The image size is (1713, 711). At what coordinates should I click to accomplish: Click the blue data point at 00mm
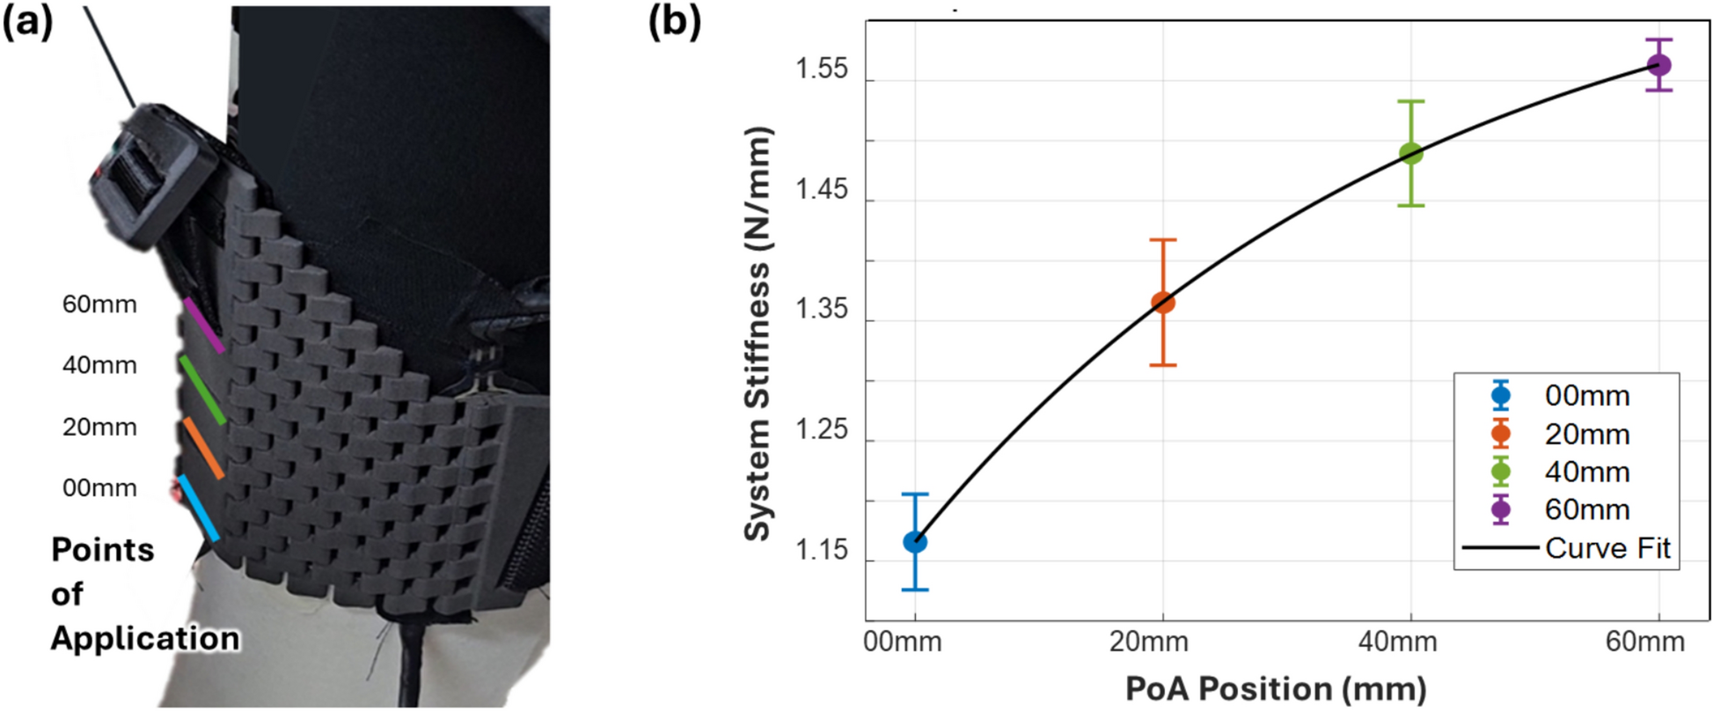point(915,542)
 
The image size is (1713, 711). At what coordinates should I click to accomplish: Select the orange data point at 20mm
point(1163,303)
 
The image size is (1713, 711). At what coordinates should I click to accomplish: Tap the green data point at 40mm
point(1411,153)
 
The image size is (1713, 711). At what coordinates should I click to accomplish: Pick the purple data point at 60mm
point(1659,65)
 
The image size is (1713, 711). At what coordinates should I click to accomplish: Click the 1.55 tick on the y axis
point(822,70)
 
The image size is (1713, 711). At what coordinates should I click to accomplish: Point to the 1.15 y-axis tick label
point(822,551)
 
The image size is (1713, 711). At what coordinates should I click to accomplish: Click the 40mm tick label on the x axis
point(1397,642)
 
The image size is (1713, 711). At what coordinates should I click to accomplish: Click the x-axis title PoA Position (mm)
point(1276,688)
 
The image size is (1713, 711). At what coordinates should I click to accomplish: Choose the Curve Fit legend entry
point(1607,548)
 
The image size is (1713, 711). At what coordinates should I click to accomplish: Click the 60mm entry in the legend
point(1587,509)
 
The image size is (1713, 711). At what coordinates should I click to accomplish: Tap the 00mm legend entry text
point(1587,396)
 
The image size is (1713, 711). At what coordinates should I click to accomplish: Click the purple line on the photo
point(203,326)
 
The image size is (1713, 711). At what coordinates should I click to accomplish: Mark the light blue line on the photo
point(198,509)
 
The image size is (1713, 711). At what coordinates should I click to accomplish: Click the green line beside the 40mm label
point(202,390)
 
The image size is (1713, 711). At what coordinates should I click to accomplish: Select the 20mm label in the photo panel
point(99,428)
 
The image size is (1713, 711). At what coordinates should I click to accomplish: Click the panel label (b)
point(674,22)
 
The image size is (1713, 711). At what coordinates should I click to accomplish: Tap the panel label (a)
point(27,22)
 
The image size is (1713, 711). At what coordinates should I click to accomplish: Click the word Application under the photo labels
point(145,639)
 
